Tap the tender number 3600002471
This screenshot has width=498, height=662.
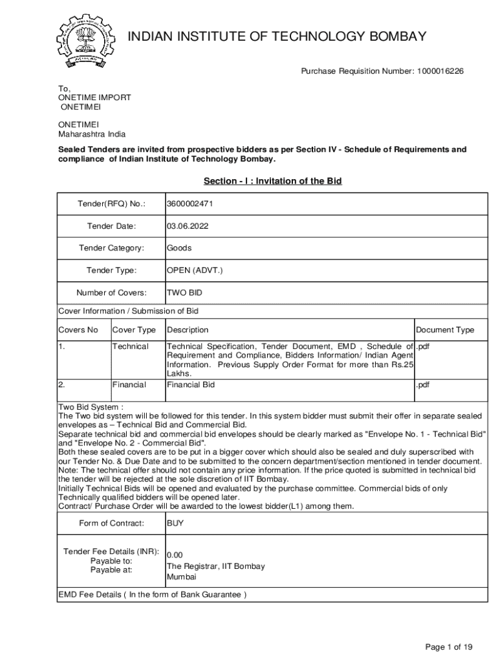(190, 204)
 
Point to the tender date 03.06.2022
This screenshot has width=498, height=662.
(188, 226)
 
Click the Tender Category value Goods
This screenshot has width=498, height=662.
(179, 248)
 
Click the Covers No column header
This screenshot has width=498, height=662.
(78, 330)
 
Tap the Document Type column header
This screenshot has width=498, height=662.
(444, 330)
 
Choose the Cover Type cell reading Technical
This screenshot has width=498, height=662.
(130, 347)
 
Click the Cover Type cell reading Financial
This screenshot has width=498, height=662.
(129, 385)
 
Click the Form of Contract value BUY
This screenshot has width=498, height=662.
(175, 523)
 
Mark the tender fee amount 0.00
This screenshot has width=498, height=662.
(175, 555)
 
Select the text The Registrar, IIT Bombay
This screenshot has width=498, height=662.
(215, 566)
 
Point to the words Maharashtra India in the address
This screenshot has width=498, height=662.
(92, 134)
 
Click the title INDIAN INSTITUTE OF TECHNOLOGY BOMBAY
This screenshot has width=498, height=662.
(278, 36)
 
